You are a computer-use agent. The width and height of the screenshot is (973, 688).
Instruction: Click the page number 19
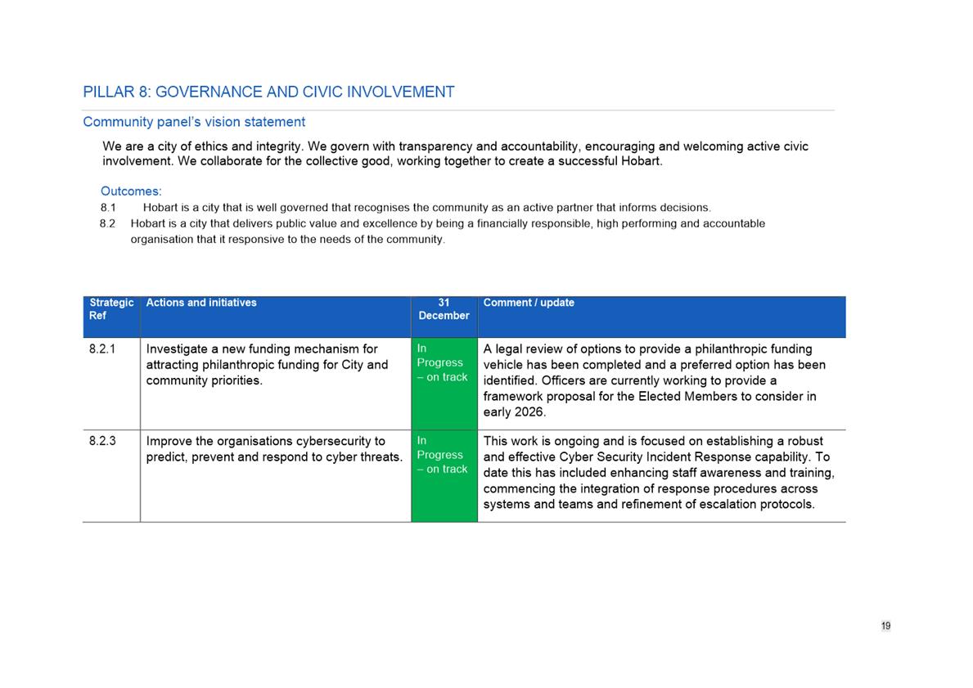click(x=885, y=626)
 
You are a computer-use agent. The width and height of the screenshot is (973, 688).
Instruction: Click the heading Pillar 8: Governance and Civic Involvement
click(x=268, y=92)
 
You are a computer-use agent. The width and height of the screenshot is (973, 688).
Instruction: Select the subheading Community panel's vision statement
click(x=194, y=122)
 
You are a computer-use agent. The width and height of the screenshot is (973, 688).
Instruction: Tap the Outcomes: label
click(x=131, y=191)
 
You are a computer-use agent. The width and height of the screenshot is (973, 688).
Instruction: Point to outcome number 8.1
click(x=108, y=208)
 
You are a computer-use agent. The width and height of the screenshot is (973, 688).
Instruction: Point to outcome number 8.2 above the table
click(x=108, y=223)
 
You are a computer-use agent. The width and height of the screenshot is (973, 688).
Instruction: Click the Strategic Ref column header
click(x=111, y=308)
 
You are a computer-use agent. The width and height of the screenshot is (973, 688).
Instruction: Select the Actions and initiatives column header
click(x=201, y=303)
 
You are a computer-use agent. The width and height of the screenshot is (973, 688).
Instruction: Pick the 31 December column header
click(x=444, y=308)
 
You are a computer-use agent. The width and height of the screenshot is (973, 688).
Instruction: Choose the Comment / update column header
click(x=529, y=303)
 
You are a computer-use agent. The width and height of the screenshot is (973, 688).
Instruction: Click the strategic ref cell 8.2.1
click(x=102, y=349)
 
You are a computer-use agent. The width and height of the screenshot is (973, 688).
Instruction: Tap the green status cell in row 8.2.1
click(x=444, y=383)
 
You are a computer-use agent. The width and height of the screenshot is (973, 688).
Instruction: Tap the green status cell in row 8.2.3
click(x=444, y=475)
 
